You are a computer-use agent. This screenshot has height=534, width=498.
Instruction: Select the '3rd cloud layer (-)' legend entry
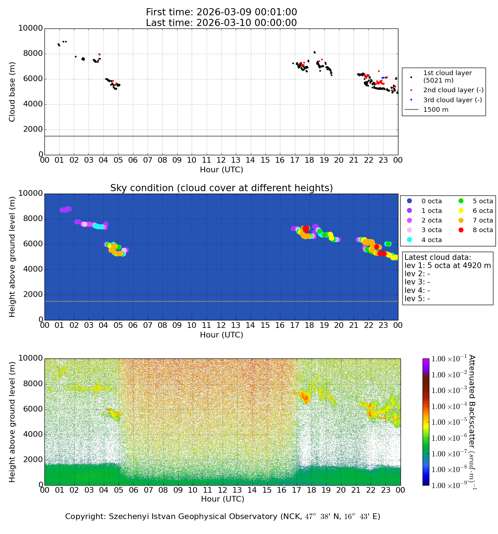(x=452, y=100)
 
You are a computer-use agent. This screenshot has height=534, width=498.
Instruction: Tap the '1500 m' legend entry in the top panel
(x=436, y=110)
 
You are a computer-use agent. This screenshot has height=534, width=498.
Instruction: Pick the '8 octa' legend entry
(x=482, y=230)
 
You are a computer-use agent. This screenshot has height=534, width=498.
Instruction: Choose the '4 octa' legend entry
(x=431, y=240)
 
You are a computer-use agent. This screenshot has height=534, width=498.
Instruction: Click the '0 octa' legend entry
(x=431, y=201)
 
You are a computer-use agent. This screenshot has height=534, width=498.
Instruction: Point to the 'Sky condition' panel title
(x=221, y=188)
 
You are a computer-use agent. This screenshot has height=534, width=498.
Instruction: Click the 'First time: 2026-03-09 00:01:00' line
(x=221, y=12)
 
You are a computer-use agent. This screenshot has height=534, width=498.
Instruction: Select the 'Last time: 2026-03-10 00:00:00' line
(x=221, y=23)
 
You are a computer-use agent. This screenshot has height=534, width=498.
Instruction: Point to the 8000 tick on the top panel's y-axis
(x=33, y=54)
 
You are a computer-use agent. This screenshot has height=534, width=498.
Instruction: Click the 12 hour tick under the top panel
(x=221, y=160)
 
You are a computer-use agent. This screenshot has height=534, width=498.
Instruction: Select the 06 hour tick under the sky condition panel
(x=133, y=325)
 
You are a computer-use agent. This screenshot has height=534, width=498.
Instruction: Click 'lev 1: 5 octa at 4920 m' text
(x=447, y=266)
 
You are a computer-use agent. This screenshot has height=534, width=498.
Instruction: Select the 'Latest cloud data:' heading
(x=438, y=257)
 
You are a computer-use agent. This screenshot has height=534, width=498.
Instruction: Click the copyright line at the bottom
(x=223, y=517)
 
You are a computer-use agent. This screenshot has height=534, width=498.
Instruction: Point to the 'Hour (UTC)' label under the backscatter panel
(x=223, y=499)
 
